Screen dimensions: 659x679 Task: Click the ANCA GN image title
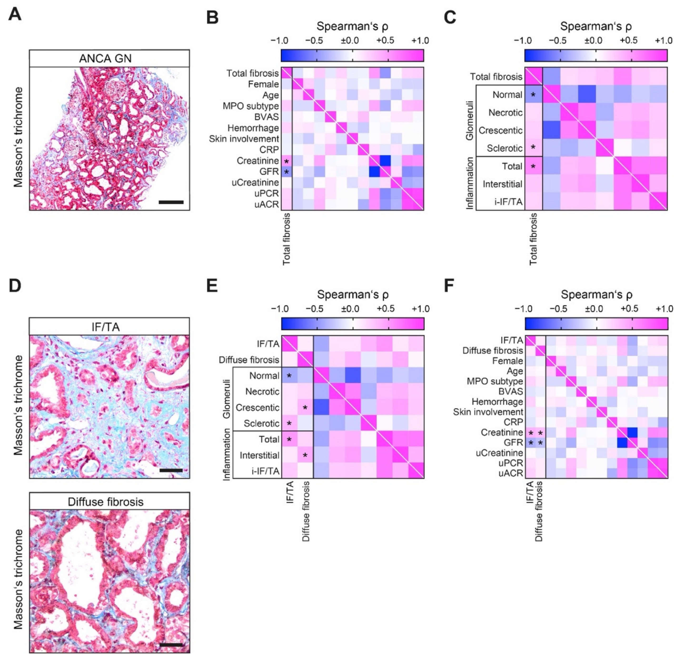tap(105, 58)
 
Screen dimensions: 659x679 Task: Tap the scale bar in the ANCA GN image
tap(171, 202)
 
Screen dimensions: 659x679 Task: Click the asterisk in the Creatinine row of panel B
tap(286, 161)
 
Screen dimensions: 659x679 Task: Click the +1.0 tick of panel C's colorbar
tap(664, 41)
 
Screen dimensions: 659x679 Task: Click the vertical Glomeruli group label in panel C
tap(469, 120)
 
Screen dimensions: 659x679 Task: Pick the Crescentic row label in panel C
tap(500, 130)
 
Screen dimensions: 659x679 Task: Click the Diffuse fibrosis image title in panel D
tap(105, 502)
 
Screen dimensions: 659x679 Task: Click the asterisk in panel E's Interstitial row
tap(305, 456)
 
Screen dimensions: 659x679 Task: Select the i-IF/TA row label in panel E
tap(264, 471)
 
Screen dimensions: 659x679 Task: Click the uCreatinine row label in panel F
tap(499, 453)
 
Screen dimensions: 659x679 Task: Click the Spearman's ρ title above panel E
tap(353, 294)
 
